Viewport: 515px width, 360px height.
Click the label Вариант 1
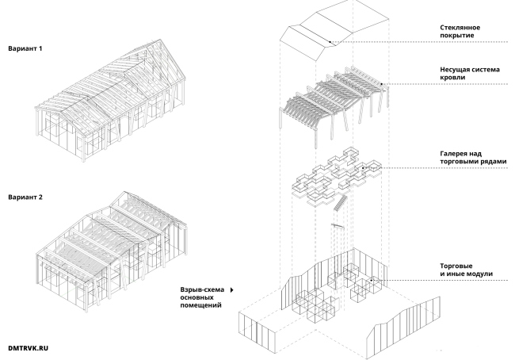(x=25, y=48)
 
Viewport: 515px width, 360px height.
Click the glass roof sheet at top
(x=333, y=32)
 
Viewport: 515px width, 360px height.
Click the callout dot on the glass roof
(x=331, y=41)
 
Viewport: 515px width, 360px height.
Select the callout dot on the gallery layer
(x=364, y=168)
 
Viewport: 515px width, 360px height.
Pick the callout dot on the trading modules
(x=370, y=280)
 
